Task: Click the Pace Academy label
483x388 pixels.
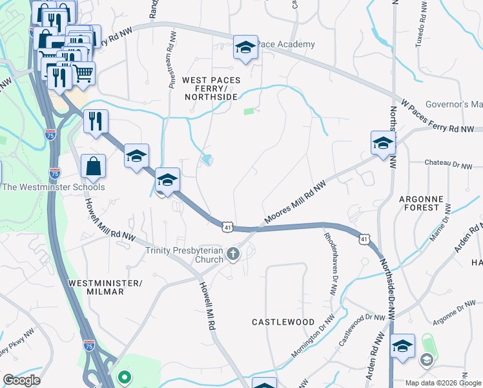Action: pos(285,45)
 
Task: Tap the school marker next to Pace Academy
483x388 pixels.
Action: pos(245,48)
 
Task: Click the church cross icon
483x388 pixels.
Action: pos(234,255)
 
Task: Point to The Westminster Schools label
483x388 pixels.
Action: pos(53,188)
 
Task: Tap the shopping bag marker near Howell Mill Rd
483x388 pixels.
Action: pos(93,166)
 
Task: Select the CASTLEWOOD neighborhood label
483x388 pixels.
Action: pos(283,322)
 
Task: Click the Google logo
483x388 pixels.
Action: pos(21,380)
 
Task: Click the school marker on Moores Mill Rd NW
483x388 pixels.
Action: pos(382,144)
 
